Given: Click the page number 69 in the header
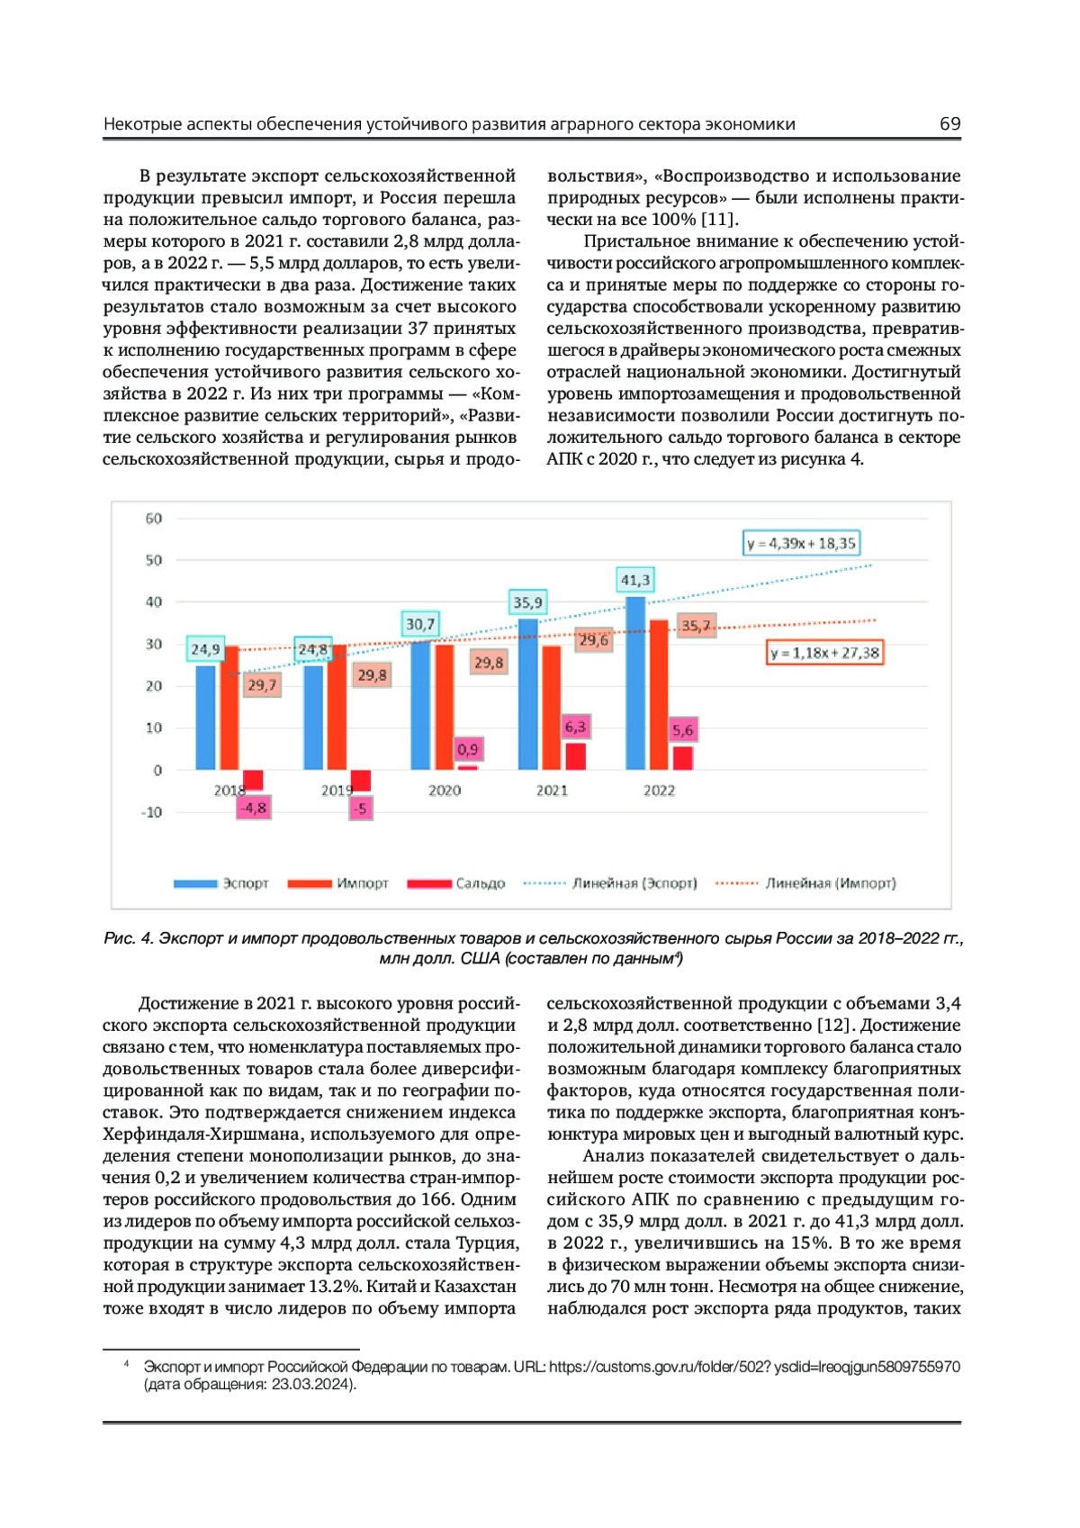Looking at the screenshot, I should tap(949, 124).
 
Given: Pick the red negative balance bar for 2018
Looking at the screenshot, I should tap(253, 780).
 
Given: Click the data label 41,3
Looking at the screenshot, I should tap(635, 580).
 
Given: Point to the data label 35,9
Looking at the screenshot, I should tap(528, 602).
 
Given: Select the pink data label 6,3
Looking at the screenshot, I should tap(575, 727).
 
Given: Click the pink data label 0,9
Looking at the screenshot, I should tap(468, 749).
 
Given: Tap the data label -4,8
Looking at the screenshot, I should tap(253, 808).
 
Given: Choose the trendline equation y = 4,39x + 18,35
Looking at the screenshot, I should tap(801, 543).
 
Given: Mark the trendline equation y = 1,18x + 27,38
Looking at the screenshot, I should tap(824, 653).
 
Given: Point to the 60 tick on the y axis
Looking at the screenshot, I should tap(154, 519).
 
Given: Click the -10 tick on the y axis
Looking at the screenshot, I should tap(152, 812).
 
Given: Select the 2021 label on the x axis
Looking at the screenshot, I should tap(552, 791).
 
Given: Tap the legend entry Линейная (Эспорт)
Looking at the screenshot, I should tap(634, 883).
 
